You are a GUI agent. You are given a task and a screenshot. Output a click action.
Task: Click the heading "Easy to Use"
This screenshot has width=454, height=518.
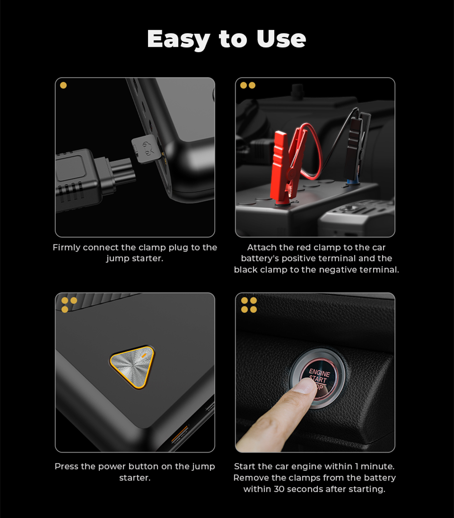[x=227, y=39]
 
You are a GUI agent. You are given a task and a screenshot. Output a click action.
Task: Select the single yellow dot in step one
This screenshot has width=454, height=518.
[x=64, y=85]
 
